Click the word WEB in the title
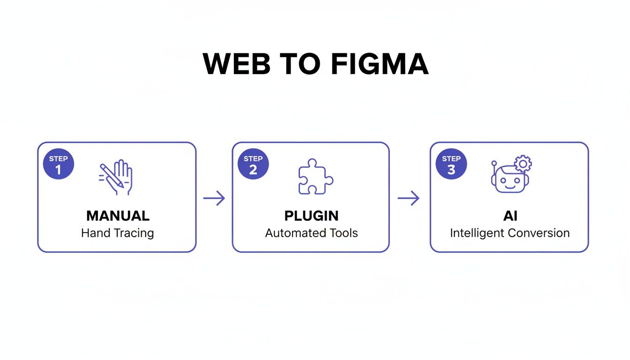237,64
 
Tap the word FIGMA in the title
379,64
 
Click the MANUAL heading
118,216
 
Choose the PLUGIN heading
311,216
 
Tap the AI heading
510,216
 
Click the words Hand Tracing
117,233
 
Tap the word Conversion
541,233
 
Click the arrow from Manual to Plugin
214,198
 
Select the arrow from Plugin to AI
408,198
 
